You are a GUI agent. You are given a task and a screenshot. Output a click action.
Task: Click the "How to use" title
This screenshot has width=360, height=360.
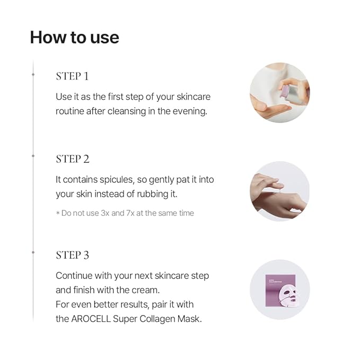tap(75, 38)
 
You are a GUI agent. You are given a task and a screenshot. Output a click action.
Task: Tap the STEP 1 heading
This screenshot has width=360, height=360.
tap(72, 76)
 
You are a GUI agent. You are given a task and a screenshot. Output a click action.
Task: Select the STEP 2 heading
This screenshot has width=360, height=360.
tap(73, 159)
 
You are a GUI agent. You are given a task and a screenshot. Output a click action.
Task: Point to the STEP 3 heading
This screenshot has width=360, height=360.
tap(72, 255)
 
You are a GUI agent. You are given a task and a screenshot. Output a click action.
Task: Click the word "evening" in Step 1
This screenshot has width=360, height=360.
tap(190, 111)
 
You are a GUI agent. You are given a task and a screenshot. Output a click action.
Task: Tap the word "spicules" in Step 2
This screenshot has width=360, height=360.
tap(117, 180)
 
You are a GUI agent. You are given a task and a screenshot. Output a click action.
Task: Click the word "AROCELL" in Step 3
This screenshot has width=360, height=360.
tap(91, 319)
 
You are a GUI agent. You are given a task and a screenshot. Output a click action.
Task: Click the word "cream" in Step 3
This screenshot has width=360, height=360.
tap(145, 290)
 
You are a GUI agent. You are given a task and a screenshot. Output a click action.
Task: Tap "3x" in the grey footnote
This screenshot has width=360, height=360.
tap(105, 213)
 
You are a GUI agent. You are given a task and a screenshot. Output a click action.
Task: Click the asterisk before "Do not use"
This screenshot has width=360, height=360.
tap(58, 213)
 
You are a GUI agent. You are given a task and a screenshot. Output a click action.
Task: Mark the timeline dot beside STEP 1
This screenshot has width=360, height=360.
tap(33, 74)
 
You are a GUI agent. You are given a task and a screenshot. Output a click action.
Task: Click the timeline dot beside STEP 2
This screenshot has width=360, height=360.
tap(33, 156)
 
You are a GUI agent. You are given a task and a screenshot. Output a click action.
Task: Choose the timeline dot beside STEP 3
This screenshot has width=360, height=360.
tap(33, 252)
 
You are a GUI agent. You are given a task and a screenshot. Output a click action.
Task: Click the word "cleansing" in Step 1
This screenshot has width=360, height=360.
tap(127, 111)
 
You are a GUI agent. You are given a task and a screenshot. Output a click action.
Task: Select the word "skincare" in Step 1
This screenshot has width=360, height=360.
tap(194, 96)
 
